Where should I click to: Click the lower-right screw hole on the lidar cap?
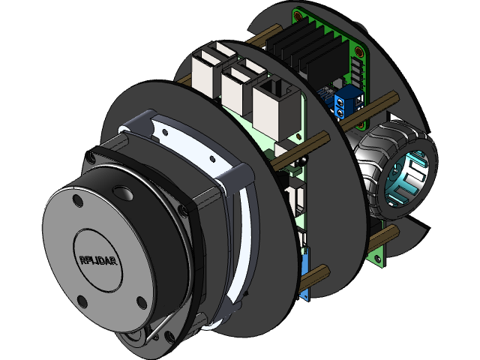pos(141,302)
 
